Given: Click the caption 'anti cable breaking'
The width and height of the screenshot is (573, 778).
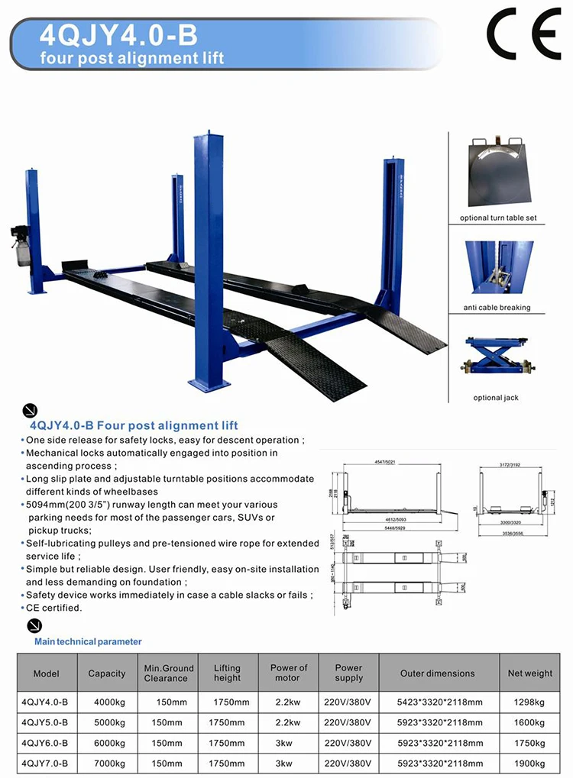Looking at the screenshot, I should [497, 308].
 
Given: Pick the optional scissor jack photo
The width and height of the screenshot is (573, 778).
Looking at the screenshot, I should [497, 360].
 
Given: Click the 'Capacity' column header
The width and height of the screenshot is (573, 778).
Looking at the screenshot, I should [107, 673].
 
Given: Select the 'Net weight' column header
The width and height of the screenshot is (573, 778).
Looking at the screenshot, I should [530, 673].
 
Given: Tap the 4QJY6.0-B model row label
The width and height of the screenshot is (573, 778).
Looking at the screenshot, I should [45, 742].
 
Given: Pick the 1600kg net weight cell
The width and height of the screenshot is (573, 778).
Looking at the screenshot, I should [530, 722].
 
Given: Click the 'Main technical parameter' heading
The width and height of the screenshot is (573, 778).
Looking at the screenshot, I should [88, 642].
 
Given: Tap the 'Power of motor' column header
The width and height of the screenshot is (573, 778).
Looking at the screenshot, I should [288, 673].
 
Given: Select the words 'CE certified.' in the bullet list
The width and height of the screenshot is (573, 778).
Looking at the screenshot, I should [53, 608].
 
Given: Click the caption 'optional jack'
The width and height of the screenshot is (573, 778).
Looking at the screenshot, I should [496, 398].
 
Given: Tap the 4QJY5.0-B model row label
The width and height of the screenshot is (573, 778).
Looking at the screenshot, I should [45, 722].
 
